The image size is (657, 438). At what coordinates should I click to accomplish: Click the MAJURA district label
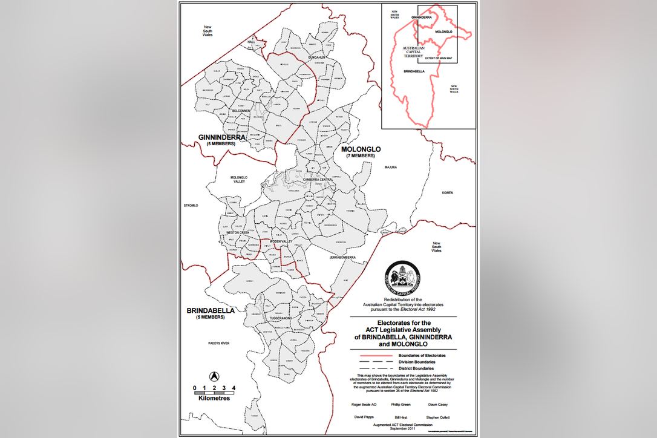tap(389, 167)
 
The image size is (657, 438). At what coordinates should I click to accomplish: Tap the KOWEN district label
tap(447, 192)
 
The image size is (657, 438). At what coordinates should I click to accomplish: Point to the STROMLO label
tap(191, 206)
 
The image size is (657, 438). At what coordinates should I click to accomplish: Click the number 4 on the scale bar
tap(234, 387)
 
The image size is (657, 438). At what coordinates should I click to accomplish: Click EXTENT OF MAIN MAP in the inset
tap(439, 58)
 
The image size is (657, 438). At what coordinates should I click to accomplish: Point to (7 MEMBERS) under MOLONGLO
tap(359, 157)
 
